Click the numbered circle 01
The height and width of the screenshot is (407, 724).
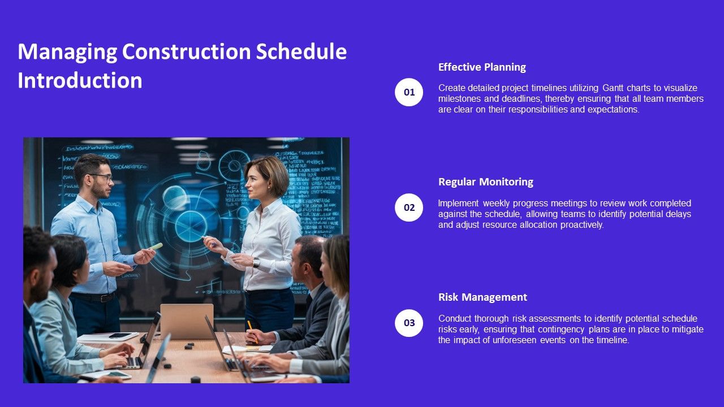[x=409, y=92]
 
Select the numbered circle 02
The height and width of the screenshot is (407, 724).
[x=409, y=207]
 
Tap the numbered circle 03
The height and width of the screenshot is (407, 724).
[x=409, y=323]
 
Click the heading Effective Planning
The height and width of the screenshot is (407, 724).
[x=482, y=67]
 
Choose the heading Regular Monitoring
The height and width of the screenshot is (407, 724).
[x=485, y=182]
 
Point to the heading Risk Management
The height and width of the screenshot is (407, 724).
[x=482, y=297]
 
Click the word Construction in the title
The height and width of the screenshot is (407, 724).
[x=187, y=52]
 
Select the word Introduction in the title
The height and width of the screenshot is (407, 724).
[x=80, y=81]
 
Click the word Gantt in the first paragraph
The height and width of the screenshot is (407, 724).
[x=614, y=88]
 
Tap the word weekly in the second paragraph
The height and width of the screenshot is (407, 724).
[x=495, y=203]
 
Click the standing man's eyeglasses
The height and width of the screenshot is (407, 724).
[x=101, y=177]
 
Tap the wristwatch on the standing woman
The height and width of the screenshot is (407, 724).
[x=256, y=263]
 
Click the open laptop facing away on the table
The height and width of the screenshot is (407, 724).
[x=187, y=321]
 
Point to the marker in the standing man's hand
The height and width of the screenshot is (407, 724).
[x=156, y=247]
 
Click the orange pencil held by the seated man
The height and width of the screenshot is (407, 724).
[x=252, y=331]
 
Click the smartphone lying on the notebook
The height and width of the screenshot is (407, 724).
[x=119, y=335]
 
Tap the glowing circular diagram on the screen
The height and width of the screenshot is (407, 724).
[x=184, y=223]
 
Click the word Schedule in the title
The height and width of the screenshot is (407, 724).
[x=301, y=52]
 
